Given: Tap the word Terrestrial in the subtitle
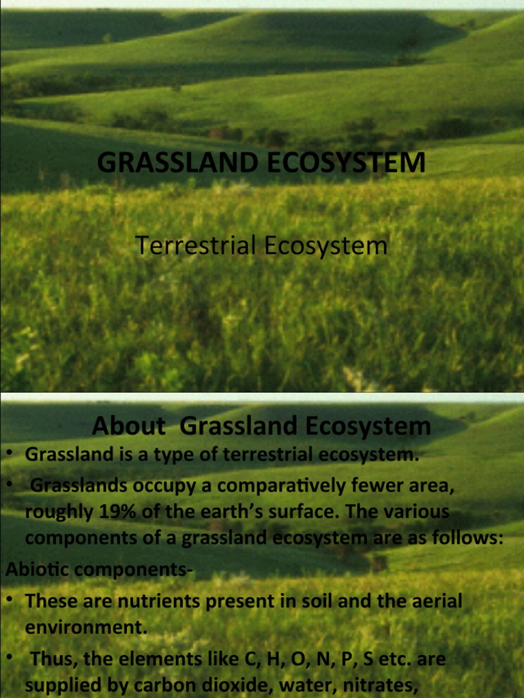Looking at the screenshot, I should pyautogui.click(x=195, y=246).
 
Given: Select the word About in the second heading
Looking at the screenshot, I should pyautogui.click(x=129, y=427).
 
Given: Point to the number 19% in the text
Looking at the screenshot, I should pyautogui.click(x=102, y=511).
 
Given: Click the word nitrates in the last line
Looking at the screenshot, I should pyautogui.click(x=381, y=684).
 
